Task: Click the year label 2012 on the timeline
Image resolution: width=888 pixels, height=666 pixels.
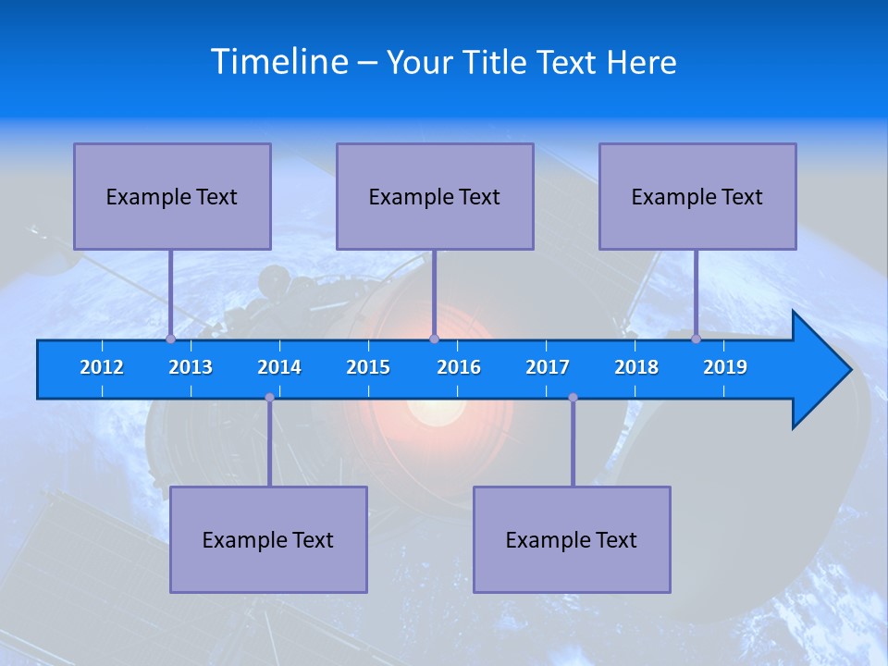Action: click(102, 367)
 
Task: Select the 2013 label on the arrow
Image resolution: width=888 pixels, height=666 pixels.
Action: click(191, 367)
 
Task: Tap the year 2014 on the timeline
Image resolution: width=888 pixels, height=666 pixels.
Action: click(279, 367)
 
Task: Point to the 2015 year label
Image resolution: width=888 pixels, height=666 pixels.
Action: click(368, 367)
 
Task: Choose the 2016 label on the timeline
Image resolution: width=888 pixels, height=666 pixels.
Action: click(459, 367)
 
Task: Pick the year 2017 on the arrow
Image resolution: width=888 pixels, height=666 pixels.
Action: click(548, 367)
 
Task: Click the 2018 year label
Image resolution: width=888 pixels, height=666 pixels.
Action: click(636, 367)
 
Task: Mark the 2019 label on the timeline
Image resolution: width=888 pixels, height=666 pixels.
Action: click(725, 367)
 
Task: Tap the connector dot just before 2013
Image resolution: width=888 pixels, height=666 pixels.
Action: click(170, 339)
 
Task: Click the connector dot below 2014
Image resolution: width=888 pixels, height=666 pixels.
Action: click(269, 398)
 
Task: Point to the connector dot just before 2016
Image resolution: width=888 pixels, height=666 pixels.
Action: click(434, 339)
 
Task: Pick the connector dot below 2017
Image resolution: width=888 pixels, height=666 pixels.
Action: click(573, 398)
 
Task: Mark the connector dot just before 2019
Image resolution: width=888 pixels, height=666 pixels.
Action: click(696, 339)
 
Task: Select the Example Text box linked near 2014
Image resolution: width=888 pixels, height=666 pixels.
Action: click(268, 539)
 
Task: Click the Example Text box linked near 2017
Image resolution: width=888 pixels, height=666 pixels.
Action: click(572, 539)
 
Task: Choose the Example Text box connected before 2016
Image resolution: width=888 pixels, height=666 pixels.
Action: click(435, 196)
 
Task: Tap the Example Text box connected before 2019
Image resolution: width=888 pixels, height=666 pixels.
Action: click(697, 196)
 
